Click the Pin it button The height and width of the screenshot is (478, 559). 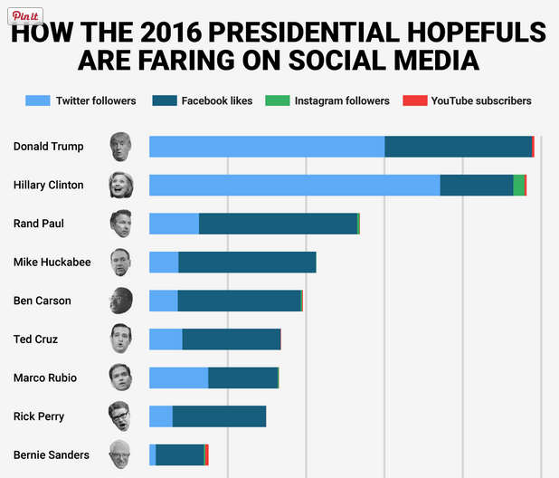(25, 16)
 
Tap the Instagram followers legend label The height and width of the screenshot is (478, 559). (341, 100)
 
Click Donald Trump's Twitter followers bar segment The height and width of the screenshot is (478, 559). (267, 146)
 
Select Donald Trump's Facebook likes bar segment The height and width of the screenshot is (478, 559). (458, 146)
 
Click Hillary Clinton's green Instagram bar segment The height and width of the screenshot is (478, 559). (518, 185)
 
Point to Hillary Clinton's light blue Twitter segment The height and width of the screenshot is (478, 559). (294, 185)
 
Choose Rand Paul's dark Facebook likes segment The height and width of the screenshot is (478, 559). (278, 224)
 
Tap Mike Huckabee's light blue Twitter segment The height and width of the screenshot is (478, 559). (164, 263)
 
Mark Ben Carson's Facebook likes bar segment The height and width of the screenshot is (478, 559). (239, 301)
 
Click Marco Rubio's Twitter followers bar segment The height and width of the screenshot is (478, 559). (178, 378)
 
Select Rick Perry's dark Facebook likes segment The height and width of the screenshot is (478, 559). (219, 416)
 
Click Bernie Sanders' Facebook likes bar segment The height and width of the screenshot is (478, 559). (180, 454)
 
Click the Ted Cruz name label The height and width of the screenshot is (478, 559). (36, 339)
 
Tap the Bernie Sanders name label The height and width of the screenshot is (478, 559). (52, 454)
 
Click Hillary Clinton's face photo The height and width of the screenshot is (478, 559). (120, 185)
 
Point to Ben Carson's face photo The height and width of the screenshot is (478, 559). (120, 301)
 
